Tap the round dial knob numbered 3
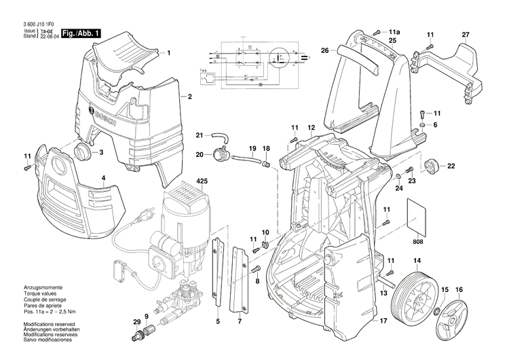click(82, 151)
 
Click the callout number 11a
click(395, 32)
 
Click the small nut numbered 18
click(267, 163)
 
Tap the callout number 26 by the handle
click(325, 50)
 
